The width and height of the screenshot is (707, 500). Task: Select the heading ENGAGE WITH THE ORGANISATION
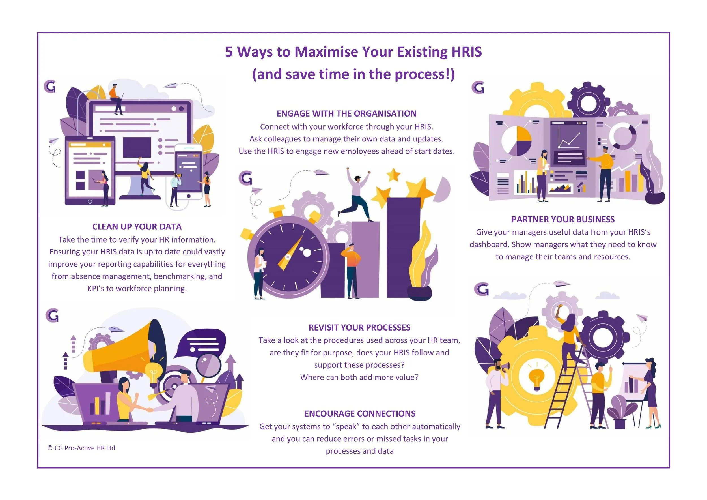346,114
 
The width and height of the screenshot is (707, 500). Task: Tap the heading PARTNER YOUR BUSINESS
563,219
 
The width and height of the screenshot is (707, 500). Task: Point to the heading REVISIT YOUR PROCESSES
359,327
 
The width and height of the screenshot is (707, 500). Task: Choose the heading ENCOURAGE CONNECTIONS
360,413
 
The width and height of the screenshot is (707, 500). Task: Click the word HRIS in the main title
466,52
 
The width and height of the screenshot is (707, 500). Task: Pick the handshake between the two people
150,410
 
